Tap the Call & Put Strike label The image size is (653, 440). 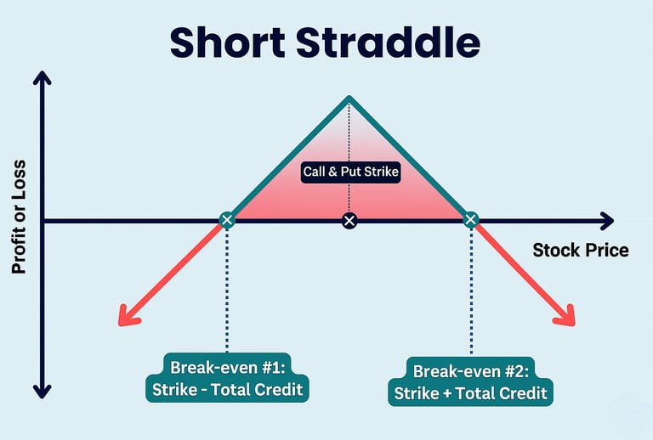351,171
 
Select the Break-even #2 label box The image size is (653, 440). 471,381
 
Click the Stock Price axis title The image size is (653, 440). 581,250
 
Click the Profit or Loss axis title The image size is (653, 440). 20,217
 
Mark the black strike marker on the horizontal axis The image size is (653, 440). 349,221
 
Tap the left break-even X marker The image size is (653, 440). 226,220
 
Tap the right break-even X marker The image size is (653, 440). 470,220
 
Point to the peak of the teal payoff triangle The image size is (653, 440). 349,100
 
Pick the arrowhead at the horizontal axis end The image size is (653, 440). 605,221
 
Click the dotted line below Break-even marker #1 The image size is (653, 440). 227,289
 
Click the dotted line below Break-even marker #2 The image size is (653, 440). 470,289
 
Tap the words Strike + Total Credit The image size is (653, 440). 471,393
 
